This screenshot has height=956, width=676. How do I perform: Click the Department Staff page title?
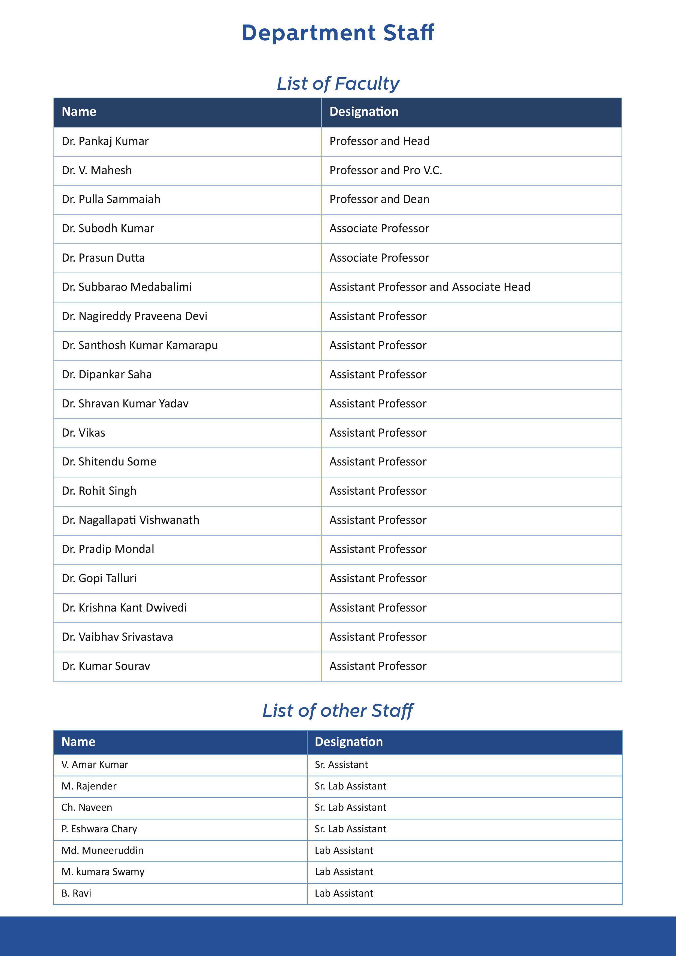click(x=338, y=33)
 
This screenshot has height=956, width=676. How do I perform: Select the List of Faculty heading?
click(x=338, y=84)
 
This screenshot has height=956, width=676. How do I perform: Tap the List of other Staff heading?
click(x=338, y=710)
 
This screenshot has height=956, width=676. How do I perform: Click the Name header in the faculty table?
click(x=79, y=111)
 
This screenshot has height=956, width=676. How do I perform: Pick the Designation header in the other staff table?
click(x=348, y=742)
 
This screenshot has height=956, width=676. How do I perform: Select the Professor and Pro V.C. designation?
click(x=386, y=170)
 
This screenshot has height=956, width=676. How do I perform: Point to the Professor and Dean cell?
click(x=379, y=199)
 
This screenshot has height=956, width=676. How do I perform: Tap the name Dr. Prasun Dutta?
click(x=103, y=258)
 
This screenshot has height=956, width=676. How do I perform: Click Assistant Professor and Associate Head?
click(x=430, y=287)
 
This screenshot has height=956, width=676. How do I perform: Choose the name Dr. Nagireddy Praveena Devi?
click(x=134, y=316)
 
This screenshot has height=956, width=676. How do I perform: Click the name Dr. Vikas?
click(x=83, y=432)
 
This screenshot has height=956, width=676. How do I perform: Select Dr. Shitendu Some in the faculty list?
click(x=109, y=462)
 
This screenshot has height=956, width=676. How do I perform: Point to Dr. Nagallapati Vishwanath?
click(x=130, y=520)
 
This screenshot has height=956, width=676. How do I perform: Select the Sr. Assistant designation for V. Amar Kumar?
click(x=341, y=764)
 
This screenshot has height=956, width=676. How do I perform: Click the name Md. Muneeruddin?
click(x=102, y=850)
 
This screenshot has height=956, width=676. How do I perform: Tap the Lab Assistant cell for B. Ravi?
click(x=344, y=893)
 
